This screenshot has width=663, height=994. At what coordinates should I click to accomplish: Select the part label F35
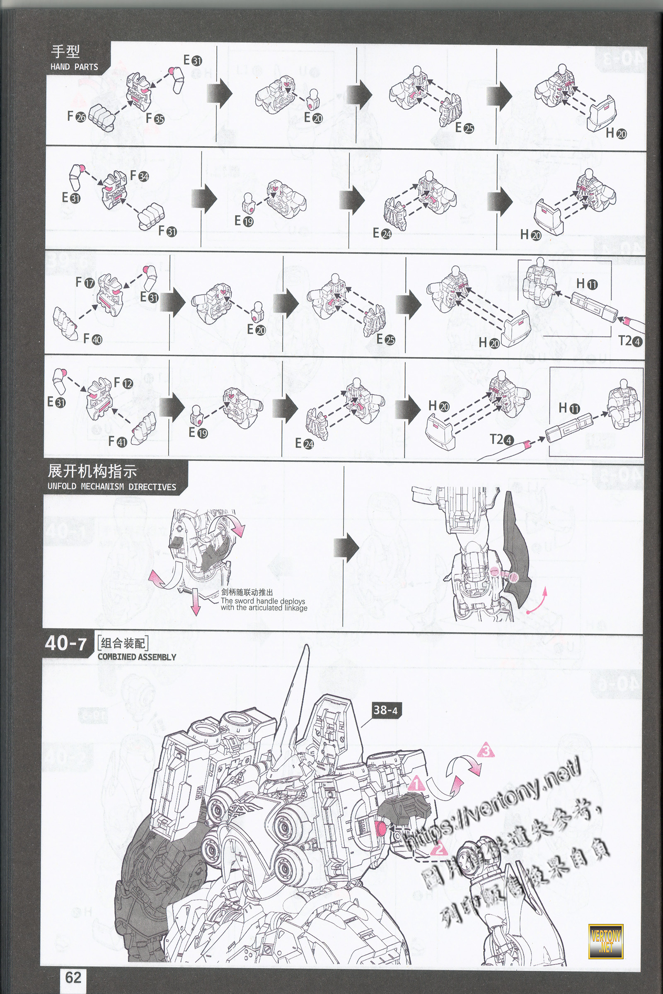point(155,118)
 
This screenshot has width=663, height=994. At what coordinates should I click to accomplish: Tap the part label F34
point(140,175)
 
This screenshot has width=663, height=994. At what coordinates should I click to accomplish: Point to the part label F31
point(167,231)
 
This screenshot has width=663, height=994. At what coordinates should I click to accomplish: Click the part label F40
point(92,338)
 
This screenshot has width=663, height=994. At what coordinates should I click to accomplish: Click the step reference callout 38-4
point(385,709)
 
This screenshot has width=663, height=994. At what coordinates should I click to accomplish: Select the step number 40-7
point(65,644)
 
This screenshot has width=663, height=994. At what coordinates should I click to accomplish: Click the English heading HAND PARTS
point(74,67)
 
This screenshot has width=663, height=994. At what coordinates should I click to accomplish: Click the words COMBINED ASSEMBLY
point(137,657)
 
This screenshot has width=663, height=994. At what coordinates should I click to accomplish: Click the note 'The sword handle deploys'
point(263,601)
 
